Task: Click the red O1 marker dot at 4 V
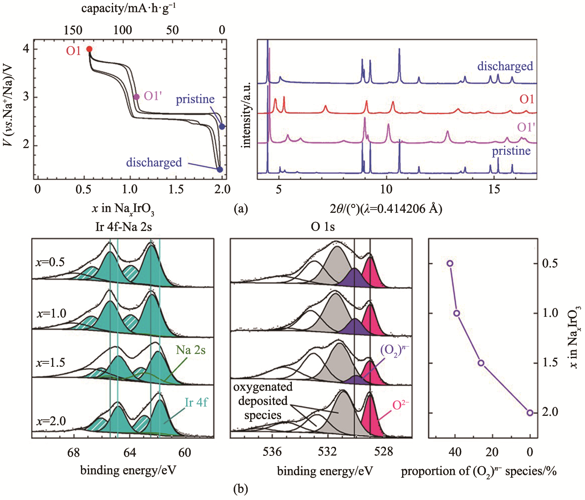(89, 49)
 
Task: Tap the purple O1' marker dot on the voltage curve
(137, 97)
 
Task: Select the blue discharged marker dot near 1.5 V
(220, 169)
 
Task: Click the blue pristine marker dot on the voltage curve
(222, 127)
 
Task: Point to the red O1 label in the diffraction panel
(527, 99)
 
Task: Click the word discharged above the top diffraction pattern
(505, 66)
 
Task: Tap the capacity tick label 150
(73, 30)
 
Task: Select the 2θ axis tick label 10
(386, 189)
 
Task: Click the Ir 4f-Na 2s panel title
(123, 227)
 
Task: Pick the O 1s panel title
(323, 227)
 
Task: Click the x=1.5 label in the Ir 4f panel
(51, 363)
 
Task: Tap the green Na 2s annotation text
(191, 350)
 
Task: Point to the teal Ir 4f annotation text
(196, 403)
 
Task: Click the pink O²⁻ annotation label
(400, 405)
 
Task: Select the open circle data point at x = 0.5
(450, 263)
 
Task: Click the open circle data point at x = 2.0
(530, 413)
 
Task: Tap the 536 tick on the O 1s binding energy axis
(272, 452)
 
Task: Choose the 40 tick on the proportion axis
(455, 452)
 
